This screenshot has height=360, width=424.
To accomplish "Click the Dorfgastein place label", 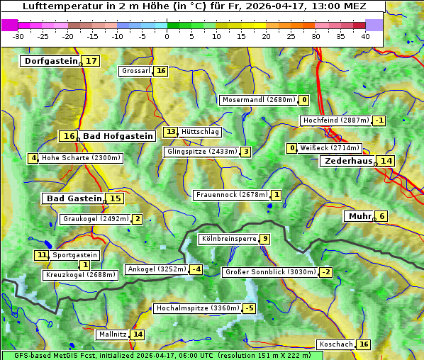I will point(50,61).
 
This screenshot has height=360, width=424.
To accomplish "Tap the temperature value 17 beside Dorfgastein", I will point(91,61).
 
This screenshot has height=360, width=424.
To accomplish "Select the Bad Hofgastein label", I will point(117,136).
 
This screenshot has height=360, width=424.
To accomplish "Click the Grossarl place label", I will point(136,71).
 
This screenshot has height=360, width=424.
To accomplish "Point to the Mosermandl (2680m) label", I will point(258,100).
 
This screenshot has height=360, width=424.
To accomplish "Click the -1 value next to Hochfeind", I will point(379,120).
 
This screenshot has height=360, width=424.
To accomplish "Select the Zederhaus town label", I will point(347,161).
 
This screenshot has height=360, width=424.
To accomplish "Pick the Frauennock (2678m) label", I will point(231,195).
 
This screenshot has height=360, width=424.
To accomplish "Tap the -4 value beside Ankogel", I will point(196,269).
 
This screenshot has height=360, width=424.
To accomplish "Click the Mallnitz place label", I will point(112,334).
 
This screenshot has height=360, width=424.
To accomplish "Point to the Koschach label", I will point(336,344).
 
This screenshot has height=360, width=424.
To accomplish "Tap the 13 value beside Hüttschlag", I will point(170,132).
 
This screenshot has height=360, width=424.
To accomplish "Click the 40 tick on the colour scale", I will point(365,36).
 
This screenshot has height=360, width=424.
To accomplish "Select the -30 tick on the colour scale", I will point(18,36).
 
